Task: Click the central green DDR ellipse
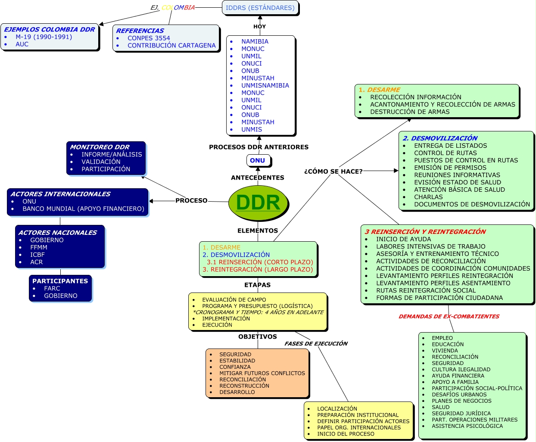tap(258, 202)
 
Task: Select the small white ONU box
tap(258, 161)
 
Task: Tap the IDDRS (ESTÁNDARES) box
tap(260, 8)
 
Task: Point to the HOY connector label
tap(259, 27)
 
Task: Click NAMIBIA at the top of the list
tap(255, 42)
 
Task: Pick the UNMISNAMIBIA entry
tap(265, 86)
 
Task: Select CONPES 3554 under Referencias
tap(149, 38)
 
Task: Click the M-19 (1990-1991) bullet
tap(44, 37)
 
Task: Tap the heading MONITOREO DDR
tap(100, 147)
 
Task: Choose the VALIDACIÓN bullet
tap(101, 162)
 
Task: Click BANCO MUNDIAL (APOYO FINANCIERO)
tap(83, 209)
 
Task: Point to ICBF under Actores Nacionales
tap(37, 255)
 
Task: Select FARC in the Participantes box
tap(52, 289)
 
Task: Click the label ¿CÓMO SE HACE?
tap(333, 171)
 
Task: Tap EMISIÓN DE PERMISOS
tap(450, 168)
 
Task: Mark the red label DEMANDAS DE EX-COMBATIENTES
tap(449, 317)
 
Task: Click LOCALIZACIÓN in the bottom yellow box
tap(337, 409)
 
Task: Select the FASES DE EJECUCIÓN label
tap(316, 344)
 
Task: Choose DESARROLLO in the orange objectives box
tap(237, 392)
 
